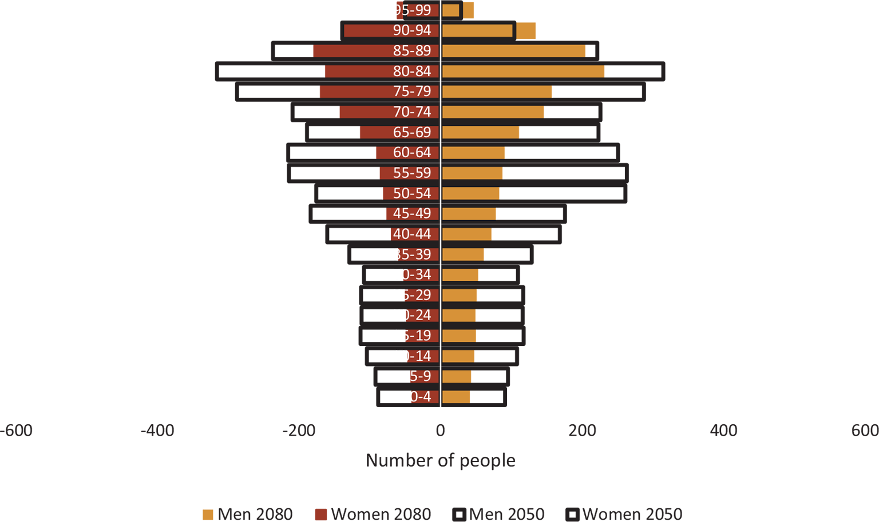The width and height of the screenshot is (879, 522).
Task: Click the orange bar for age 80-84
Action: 525,71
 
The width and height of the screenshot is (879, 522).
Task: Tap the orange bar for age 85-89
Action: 515,51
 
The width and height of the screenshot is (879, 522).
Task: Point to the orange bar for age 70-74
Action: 495,112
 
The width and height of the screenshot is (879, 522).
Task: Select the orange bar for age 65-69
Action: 482,133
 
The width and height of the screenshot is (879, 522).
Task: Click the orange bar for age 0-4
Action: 458,397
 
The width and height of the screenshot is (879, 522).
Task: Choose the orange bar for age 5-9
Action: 458,376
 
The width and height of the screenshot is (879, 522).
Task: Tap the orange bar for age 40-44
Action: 469,234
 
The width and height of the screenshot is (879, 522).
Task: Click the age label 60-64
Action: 412,153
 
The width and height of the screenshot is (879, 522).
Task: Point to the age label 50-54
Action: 412,193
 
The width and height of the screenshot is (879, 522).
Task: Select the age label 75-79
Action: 412,91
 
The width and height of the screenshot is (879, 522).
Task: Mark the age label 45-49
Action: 412,214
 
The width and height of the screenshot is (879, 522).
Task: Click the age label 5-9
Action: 420,376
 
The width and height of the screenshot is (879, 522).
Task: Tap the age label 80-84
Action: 412,71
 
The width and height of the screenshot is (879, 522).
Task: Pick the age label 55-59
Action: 412,173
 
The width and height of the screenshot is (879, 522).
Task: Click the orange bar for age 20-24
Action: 461,316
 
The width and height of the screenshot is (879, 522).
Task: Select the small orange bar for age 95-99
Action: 451,10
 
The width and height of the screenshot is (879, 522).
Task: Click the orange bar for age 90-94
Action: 477,30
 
